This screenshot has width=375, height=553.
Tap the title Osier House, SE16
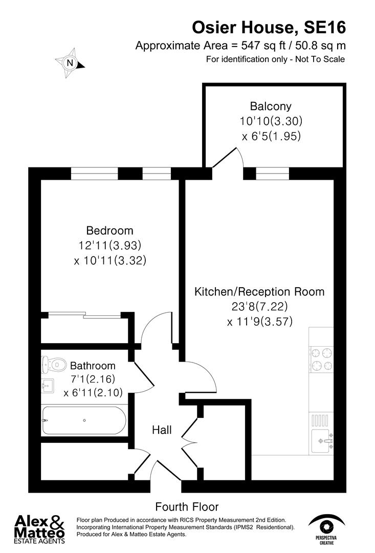click(x=269, y=27)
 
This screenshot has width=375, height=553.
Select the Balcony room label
click(x=271, y=107)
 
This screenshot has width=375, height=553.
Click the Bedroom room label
click(x=109, y=230)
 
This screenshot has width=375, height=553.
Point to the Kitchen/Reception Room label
click(x=259, y=292)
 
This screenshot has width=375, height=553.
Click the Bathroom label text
click(x=93, y=366)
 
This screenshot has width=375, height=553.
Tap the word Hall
click(x=162, y=430)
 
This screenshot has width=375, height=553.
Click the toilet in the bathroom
click(x=54, y=364)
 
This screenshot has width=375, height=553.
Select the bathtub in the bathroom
click(x=83, y=420)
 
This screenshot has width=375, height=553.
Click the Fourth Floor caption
click(x=187, y=507)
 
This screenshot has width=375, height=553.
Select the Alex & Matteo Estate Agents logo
click(x=39, y=528)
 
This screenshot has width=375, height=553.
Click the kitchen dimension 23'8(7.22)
click(x=259, y=307)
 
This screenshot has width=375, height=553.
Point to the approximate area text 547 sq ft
click(x=240, y=45)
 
